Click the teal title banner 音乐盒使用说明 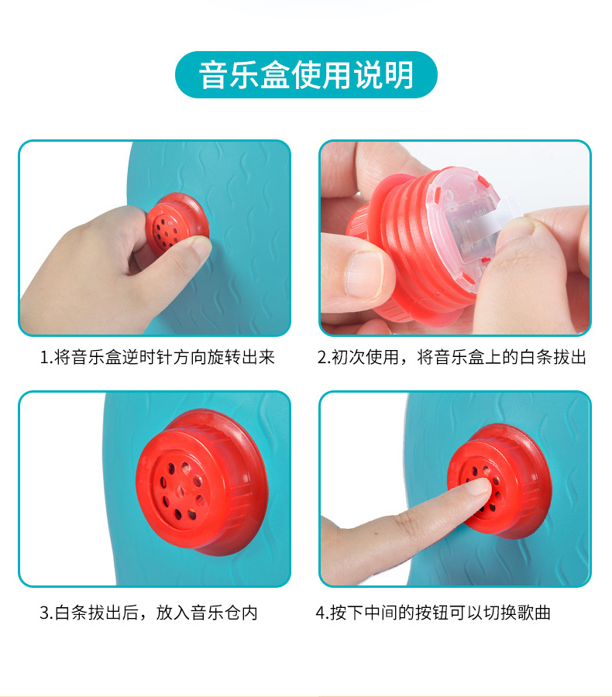coord(306,74)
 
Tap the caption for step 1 coord(157,357)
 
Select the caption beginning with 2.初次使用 coord(452,357)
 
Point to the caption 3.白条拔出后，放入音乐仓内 coord(149,613)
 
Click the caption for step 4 coord(433,613)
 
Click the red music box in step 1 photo coord(177,225)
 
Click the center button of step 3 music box coord(181,491)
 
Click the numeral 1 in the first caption coord(44,357)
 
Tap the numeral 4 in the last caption coord(321,613)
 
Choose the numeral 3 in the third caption coord(44,613)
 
